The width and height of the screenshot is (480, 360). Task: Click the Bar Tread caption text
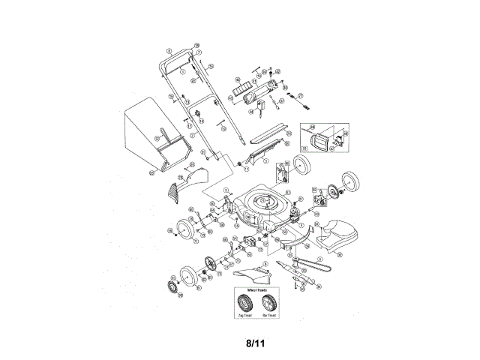pos(268,316)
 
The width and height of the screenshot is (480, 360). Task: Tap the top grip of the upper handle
pos(180,55)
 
